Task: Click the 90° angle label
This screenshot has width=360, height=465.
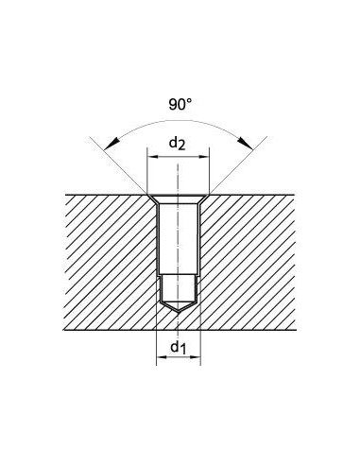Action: pyautogui.click(x=180, y=104)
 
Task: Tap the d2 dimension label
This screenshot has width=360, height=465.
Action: pyautogui.click(x=178, y=144)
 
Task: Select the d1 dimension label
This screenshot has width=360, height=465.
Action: pyautogui.click(x=179, y=347)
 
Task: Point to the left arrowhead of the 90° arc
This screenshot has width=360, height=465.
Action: pyautogui.click(x=111, y=144)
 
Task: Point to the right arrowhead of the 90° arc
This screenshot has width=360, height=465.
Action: pyautogui.click(x=246, y=144)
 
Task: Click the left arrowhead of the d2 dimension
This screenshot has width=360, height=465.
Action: pyautogui.click(x=154, y=157)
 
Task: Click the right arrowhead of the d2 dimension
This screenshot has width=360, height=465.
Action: pyautogui.click(x=203, y=157)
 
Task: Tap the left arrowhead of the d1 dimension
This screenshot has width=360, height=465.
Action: pyautogui.click(x=163, y=357)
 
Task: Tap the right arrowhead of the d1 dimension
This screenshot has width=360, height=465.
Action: pyautogui.click(x=195, y=357)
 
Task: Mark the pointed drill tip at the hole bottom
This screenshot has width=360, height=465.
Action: pyautogui.click(x=179, y=312)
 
